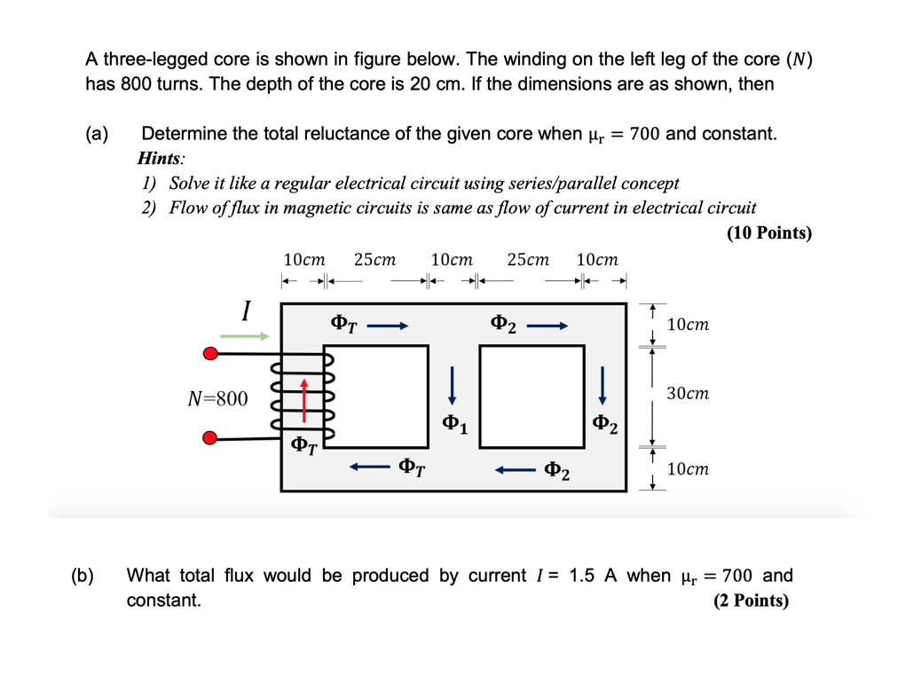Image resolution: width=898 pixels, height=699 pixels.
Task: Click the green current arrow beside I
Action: coord(245,336)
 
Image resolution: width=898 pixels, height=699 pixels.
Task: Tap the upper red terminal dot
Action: coord(210,354)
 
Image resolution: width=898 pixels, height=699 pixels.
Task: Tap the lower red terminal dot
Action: coord(210,438)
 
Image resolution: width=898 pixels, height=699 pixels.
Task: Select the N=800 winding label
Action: coord(218,398)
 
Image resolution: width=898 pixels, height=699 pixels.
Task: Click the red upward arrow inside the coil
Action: coord(303,398)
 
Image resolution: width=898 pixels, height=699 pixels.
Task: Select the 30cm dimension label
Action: coord(688,392)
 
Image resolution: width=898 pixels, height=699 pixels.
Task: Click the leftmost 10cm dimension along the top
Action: coord(303,260)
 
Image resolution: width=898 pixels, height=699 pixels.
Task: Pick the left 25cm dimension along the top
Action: coord(374,260)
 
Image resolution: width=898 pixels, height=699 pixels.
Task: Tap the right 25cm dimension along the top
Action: coord(528,260)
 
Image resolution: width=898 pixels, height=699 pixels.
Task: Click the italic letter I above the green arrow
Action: coord(245,311)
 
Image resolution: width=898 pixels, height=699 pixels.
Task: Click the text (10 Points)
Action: coord(768,232)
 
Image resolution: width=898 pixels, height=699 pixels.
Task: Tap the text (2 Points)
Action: coord(750,601)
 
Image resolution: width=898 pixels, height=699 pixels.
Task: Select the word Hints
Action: coord(161,159)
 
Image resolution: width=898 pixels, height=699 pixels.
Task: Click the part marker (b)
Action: coord(83,576)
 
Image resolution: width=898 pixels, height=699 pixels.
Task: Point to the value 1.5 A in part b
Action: coord(593,576)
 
